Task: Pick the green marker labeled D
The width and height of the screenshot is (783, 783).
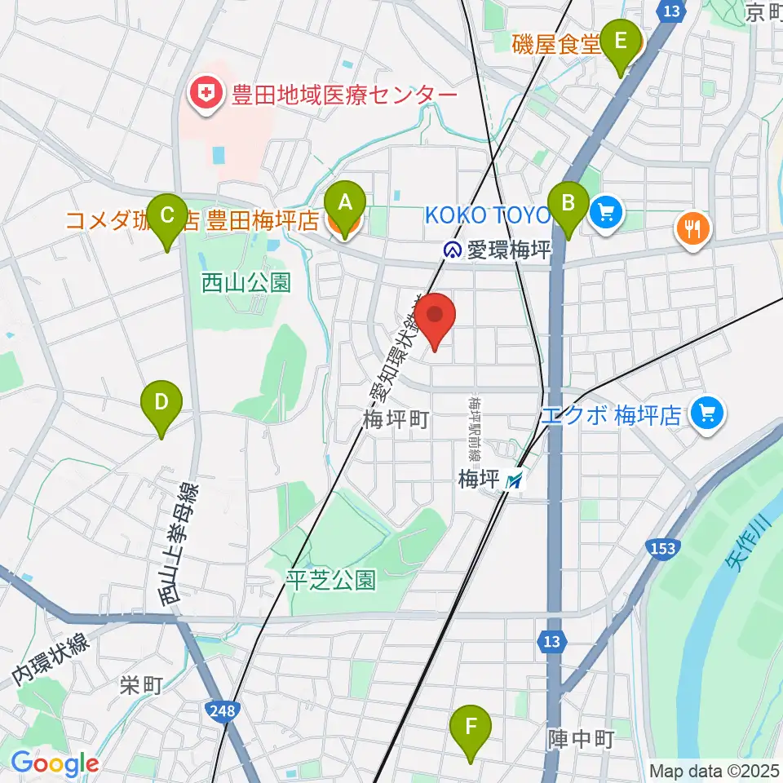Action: coord(161,402)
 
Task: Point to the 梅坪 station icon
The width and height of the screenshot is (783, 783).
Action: coord(514,481)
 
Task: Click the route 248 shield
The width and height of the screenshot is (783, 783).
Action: coord(223,711)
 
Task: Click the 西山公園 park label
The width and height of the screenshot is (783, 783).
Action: coord(246,283)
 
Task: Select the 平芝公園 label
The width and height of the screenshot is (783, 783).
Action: coord(331,580)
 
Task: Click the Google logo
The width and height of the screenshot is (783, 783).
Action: coord(55,763)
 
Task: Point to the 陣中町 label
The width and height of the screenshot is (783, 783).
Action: coord(580,740)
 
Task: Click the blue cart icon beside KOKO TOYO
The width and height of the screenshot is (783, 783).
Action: coord(607,214)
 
